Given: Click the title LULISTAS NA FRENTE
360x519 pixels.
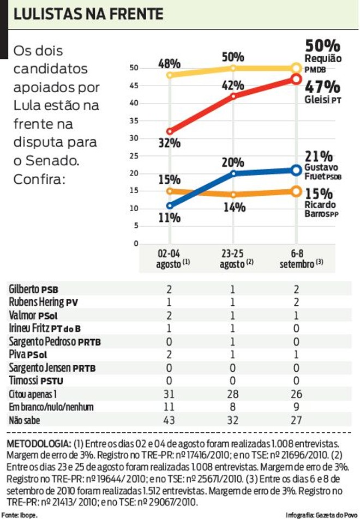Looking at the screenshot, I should [x=88, y=14].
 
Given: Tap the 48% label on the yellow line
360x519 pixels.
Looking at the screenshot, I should [x=170, y=63].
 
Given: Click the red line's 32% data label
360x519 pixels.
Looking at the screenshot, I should [x=170, y=143].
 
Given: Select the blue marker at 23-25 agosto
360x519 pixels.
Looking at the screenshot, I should [x=233, y=173].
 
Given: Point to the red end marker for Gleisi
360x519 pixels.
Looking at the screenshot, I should [x=296, y=79].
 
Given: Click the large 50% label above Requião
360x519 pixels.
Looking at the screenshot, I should [x=322, y=46].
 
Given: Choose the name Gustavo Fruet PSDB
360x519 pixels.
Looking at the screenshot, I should [x=323, y=172].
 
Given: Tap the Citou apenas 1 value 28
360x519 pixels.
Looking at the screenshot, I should [x=233, y=394].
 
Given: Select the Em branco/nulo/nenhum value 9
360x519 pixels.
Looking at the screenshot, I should [x=296, y=407].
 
